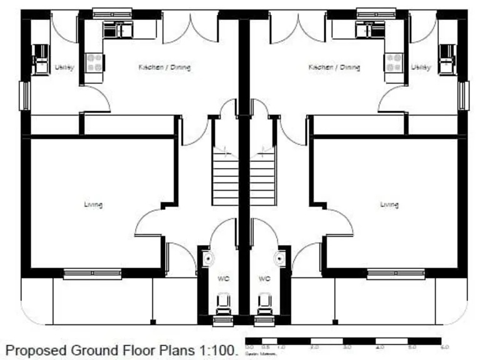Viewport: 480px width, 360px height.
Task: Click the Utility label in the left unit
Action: point(64,67)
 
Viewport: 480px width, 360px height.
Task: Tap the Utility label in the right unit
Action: point(421,67)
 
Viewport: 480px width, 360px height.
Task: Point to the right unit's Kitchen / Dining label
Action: point(334,67)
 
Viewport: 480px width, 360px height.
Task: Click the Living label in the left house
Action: point(94,204)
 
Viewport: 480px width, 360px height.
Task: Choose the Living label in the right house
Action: point(389,204)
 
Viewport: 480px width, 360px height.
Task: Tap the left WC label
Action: point(223,279)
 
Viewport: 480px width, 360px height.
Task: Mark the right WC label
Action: point(264,279)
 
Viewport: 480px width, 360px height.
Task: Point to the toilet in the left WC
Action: point(223,305)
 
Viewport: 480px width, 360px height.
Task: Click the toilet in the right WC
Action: point(265,305)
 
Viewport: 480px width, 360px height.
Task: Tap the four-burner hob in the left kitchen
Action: point(94,62)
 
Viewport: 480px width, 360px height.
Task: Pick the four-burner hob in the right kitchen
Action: point(394,62)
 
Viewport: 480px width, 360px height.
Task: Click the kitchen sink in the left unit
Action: point(118,29)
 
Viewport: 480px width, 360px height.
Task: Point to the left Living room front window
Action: point(92,273)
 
